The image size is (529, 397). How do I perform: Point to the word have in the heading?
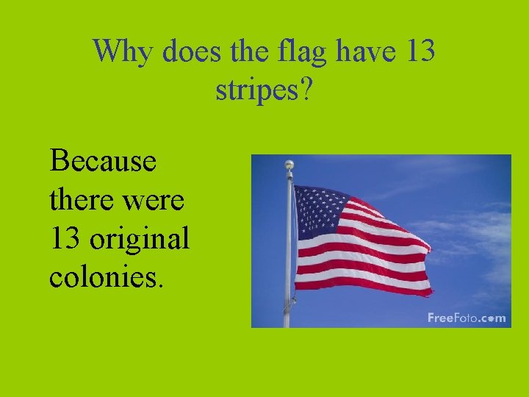pos(369,51)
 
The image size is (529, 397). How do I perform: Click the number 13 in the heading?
pos(420,51)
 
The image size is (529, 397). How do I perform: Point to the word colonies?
pos(101,278)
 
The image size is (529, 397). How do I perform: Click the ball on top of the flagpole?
pos(289,164)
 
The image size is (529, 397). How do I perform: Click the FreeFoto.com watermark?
pos(467,318)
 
